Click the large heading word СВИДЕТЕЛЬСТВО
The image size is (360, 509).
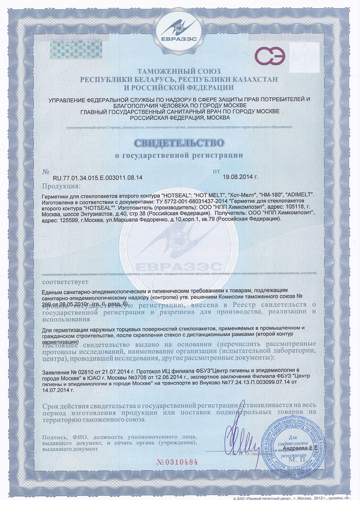(x=179, y=143)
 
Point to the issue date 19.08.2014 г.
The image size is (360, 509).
(x=240, y=178)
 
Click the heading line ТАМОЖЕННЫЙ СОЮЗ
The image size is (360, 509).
(x=179, y=71)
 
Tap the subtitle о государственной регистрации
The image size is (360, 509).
(x=179, y=155)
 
